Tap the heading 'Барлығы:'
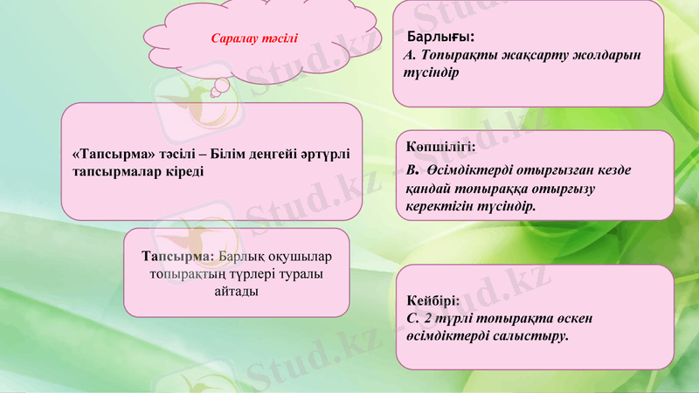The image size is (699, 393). click(442, 38)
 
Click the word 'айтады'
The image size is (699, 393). click(235, 290)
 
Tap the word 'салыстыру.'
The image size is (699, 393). click(533, 334)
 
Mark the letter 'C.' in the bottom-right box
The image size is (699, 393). click(413, 317)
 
